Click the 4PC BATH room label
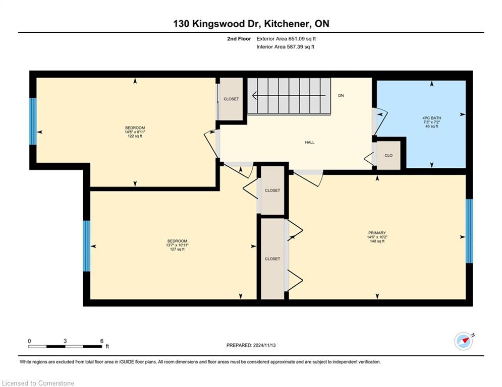pyautogui.click(x=431, y=118)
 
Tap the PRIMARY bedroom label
pyautogui.click(x=377, y=233)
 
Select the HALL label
pyautogui.click(x=310, y=142)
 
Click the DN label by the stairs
pyautogui.click(x=341, y=95)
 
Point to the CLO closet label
pyautogui.click(x=388, y=155)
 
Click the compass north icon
pyautogui.click(x=464, y=341)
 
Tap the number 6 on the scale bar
pyautogui.click(x=102, y=341)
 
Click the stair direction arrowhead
pyautogui.click(x=254, y=95)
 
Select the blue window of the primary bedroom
pyautogui.click(x=469, y=231)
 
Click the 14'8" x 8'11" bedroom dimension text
pyautogui.click(x=135, y=132)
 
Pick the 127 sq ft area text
pyautogui.click(x=177, y=249)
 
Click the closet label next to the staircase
pyautogui.click(x=231, y=99)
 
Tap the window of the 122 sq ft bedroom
pyautogui.click(x=33, y=121)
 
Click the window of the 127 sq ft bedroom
pyautogui.click(x=87, y=246)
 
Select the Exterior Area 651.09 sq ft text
pyautogui.click(x=286, y=39)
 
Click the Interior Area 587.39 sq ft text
pyautogui.click(x=285, y=47)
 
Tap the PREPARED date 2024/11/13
pyautogui.click(x=264, y=345)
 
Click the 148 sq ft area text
pyautogui.click(x=377, y=241)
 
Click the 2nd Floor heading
pyautogui.click(x=239, y=39)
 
